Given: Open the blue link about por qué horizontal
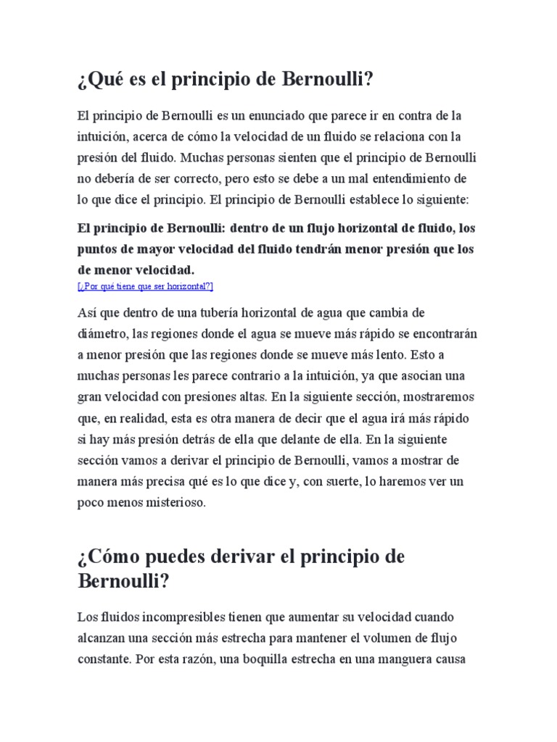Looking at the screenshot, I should click(x=145, y=286).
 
